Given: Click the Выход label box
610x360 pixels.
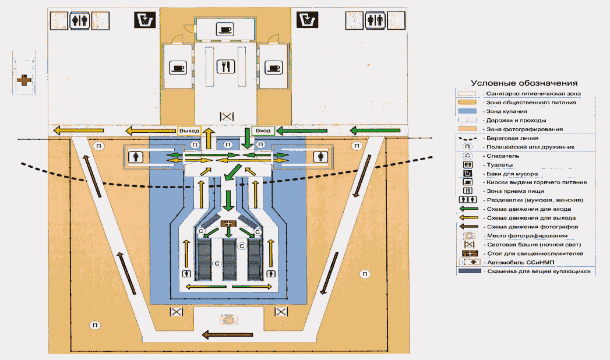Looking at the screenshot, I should pyautogui.click(x=189, y=131).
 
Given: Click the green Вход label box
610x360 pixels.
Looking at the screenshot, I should pyautogui.click(x=263, y=131).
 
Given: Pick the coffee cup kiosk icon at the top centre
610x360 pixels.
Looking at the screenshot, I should pyautogui.click(x=224, y=29).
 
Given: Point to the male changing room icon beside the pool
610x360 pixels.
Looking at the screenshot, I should pyautogui.click(x=136, y=157).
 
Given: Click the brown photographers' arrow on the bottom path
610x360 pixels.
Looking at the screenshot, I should pyautogui.click(x=227, y=334).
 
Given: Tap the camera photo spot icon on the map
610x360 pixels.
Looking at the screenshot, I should pyautogui.click(x=227, y=319).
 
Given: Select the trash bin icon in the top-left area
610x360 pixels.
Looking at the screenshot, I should pyautogui.click(x=143, y=21).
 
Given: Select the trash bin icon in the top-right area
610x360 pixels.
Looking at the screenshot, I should pyautogui.click(x=306, y=21).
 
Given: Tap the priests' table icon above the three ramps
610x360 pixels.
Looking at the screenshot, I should pyautogui.click(x=227, y=224).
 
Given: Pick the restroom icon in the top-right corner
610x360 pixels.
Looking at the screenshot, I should pyautogui.click(x=376, y=21).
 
